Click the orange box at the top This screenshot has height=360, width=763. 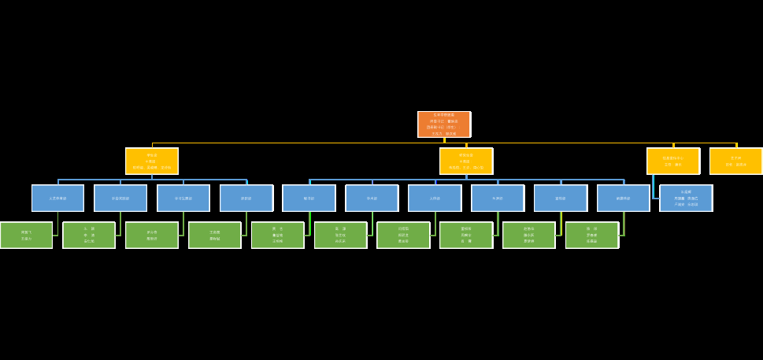(x=443, y=124)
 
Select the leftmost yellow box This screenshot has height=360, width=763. (x=151, y=161)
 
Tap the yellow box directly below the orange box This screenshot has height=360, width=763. (x=465, y=161)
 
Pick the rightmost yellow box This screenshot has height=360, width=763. (x=735, y=161)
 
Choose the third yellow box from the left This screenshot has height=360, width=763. (x=672, y=161)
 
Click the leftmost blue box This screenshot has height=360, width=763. (x=57, y=198)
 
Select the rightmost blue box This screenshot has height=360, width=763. (x=686, y=198)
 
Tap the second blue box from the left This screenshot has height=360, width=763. (x=120, y=198)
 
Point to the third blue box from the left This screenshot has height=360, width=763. (x=183, y=198)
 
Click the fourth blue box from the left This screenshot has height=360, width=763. (x=246, y=198)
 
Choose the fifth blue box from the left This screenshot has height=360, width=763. (x=309, y=198)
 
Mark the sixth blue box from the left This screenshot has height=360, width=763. (x=372, y=198)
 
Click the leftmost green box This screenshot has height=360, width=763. (x=26, y=235)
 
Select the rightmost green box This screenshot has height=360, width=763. (x=591, y=235)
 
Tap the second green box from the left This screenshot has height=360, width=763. (x=89, y=235)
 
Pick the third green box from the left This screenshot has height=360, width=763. (x=151, y=235)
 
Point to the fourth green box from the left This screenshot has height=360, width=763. (x=214, y=235)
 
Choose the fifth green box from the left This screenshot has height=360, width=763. (x=277, y=235)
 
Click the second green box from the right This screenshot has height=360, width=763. (x=528, y=235)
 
